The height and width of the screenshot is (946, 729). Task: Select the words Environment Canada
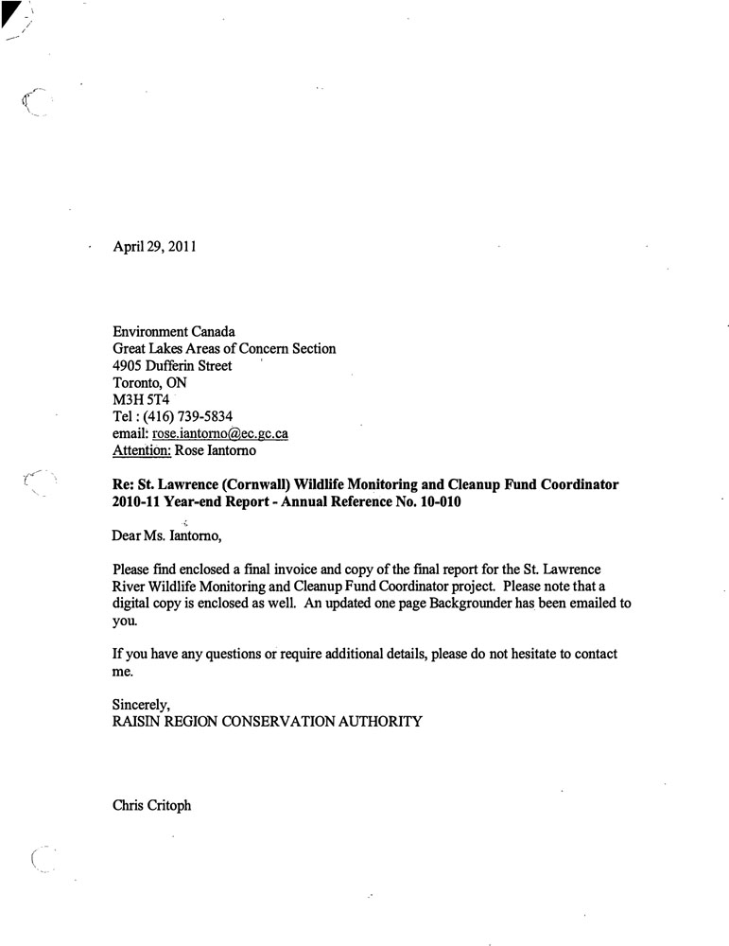tap(173, 331)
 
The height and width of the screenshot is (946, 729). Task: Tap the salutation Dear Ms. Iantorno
tap(167, 536)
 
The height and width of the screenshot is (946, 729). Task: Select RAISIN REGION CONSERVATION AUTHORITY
tap(267, 721)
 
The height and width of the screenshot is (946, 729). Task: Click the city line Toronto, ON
tap(149, 382)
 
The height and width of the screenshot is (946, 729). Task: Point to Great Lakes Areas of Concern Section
tap(224, 348)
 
